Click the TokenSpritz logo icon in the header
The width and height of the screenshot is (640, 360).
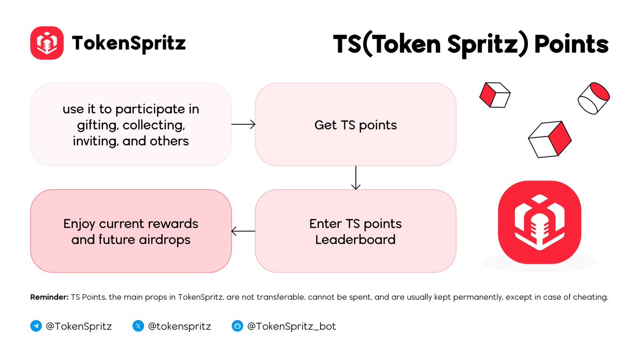pyautogui.click(x=47, y=43)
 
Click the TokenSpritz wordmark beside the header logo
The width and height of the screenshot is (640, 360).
pyautogui.click(x=129, y=43)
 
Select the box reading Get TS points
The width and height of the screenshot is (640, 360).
pyautogui.click(x=355, y=125)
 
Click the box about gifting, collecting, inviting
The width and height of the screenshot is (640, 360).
pyautogui.click(x=131, y=125)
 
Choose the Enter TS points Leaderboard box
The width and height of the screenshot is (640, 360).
pyautogui.click(x=355, y=231)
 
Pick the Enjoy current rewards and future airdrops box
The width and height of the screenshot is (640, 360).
pyautogui.click(x=131, y=231)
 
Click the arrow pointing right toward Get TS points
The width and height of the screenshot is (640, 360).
pyautogui.click(x=243, y=124)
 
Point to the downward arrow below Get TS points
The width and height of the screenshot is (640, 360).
pyautogui.click(x=356, y=178)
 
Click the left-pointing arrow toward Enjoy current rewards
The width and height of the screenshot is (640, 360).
pyautogui.click(x=243, y=231)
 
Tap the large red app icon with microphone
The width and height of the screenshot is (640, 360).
pyautogui.click(x=539, y=222)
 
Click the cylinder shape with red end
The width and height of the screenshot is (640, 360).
pyautogui.click(x=594, y=98)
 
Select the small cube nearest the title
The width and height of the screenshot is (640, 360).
pyautogui.click(x=494, y=95)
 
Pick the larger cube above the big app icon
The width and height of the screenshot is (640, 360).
pyautogui.click(x=550, y=139)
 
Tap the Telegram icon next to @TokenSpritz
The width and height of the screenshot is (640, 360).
pyautogui.click(x=36, y=326)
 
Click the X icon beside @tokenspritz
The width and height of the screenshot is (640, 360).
pyautogui.click(x=138, y=326)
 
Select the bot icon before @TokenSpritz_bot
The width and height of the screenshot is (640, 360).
pyautogui.click(x=237, y=326)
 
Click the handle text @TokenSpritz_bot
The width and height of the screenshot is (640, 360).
pyautogui.click(x=291, y=326)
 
